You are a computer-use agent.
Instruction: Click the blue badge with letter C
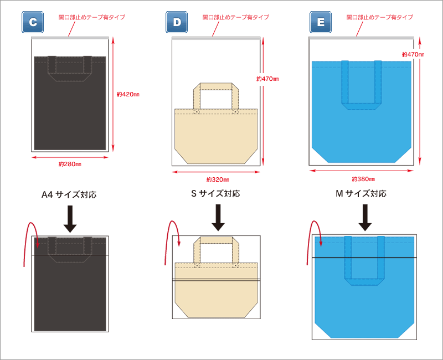(33, 22)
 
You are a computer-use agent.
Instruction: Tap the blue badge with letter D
(177, 22)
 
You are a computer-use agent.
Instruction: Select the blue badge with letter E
(321, 22)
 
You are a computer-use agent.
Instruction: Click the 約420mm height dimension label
(128, 95)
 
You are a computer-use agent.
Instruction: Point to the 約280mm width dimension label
(70, 164)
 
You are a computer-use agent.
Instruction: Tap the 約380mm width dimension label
(363, 179)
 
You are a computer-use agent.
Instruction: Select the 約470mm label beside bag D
(267, 79)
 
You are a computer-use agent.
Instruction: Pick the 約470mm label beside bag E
(413, 54)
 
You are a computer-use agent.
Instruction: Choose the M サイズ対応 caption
(360, 194)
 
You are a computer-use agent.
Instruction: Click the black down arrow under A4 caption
(70, 219)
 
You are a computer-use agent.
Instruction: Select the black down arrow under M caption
(364, 218)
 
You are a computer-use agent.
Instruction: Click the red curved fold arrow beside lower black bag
(29, 241)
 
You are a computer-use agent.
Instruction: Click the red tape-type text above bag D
(235, 17)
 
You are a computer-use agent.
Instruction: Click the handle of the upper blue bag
(362, 105)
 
